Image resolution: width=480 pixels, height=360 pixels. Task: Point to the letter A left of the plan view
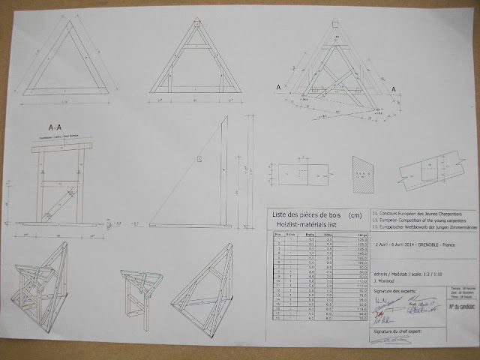279,88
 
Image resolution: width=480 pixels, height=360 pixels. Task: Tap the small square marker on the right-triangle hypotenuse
199,159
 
